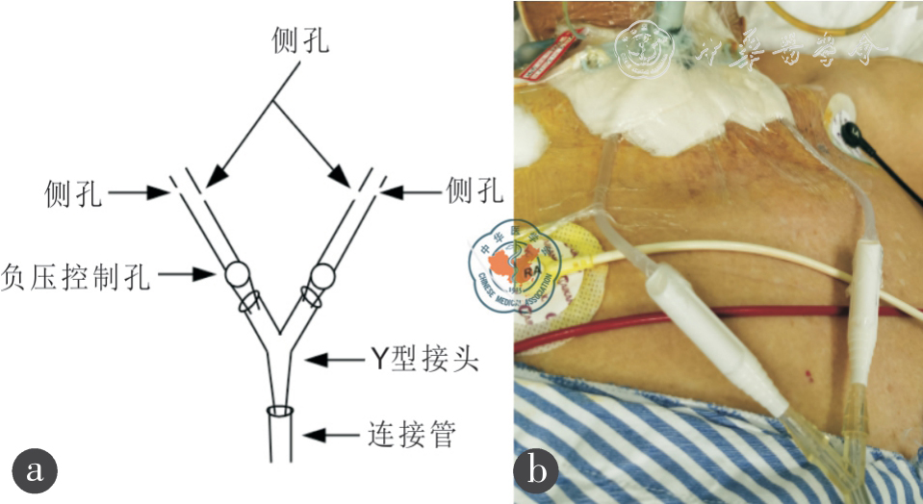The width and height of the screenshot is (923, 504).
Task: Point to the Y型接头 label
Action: click(424, 362)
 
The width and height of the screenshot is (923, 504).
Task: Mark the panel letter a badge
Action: click(36, 470)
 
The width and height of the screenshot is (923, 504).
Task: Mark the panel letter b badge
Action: click(536, 470)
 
